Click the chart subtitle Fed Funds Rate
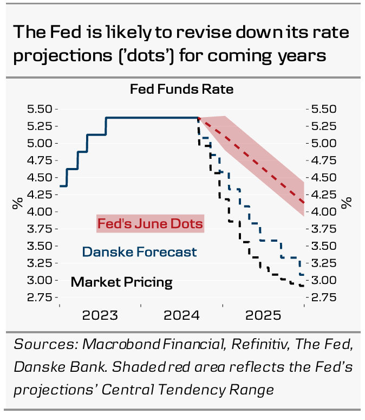[181, 89]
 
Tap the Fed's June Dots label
[150, 223]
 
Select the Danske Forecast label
[139, 252]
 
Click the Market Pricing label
[122, 282]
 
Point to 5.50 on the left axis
[40, 109]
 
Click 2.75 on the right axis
[324, 298]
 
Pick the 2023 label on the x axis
[100, 316]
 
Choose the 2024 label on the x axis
[181, 316]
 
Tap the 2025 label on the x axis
[263, 316]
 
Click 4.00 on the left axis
[40, 212]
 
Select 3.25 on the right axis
[324, 263]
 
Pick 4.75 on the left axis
[40, 160]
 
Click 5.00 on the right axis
[324, 143]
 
